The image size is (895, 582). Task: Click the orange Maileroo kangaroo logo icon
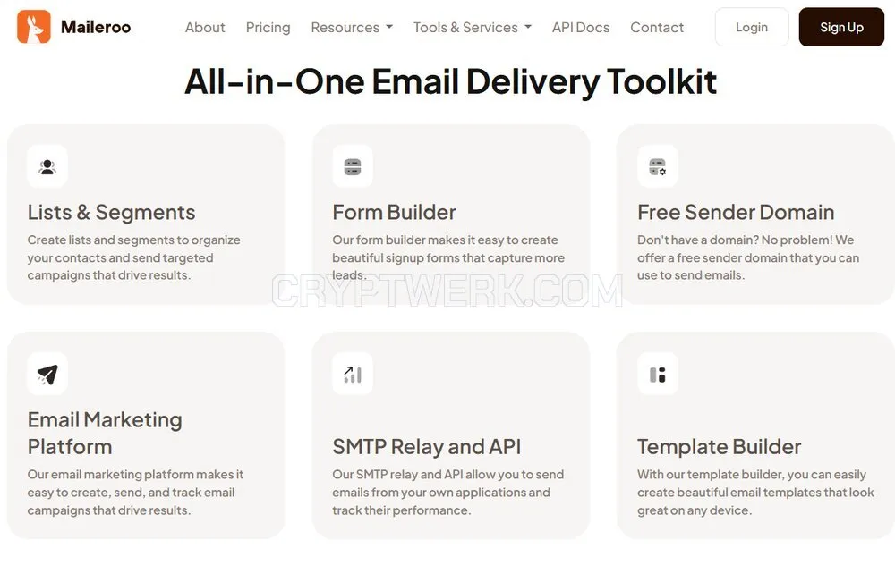pyautogui.click(x=34, y=27)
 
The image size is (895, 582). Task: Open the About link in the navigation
pyautogui.click(x=205, y=28)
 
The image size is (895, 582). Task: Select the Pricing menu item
pyautogui.click(x=268, y=28)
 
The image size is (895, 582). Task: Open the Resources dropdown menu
pyautogui.click(x=352, y=28)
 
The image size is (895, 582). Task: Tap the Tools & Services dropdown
pyautogui.click(x=473, y=28)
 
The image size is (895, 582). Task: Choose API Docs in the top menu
pyautogui.click(x=581, y=28)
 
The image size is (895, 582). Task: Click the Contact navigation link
pyautogui.click(x=657, y=28)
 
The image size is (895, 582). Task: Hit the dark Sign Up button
pyautogui.click(x=841, y=27)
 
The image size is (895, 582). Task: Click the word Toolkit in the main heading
pyautogui.click(x=661, y=81)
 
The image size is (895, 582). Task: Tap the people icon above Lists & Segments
pyautogui.click(x=47, y=166)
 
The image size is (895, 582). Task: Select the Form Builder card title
pyautogui.click(x=395, y=212)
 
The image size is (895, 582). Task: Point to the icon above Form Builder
pyautogui.click(x=353, y=166)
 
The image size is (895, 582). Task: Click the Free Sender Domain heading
pyautogui.click(x=736, y=212)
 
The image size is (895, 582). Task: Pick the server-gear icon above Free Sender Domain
pyautogui.click(x=658, y=166)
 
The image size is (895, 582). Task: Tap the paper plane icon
pyautogui.click(x=47, y=374)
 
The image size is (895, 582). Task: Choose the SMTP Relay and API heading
pyautogui.click(x=427, y=447)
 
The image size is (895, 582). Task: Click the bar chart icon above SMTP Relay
pyautogui.click(x=353, y=374)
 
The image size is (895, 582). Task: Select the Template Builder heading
pyautogui.click(x=720, y=447)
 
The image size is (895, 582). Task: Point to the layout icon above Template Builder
pyautogui.click(x=658, y=374)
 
